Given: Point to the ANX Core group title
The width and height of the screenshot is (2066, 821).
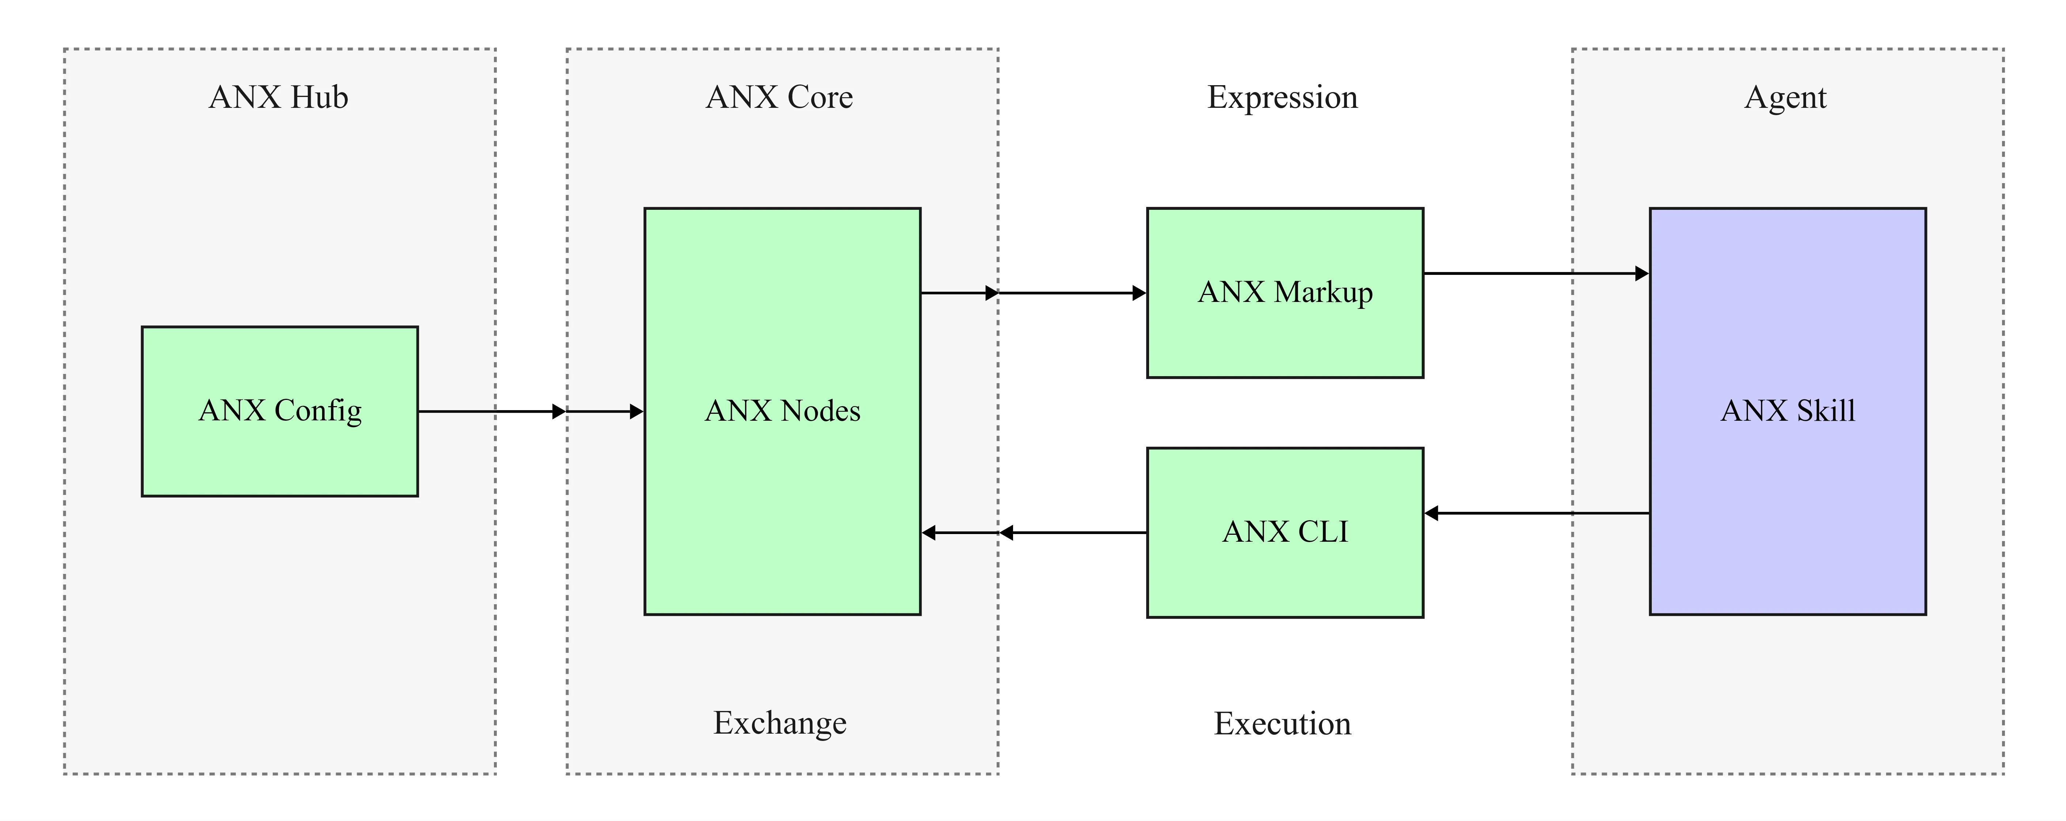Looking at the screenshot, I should (779, 97).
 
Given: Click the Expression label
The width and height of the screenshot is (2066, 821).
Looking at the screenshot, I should (1283, 97).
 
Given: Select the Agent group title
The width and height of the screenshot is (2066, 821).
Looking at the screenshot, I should (1785, 97).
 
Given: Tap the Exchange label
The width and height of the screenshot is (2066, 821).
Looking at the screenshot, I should (779, 722).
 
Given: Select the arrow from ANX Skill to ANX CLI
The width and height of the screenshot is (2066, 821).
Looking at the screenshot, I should (1540, 513).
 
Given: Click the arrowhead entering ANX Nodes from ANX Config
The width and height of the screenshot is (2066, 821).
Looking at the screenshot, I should (637, 411).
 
